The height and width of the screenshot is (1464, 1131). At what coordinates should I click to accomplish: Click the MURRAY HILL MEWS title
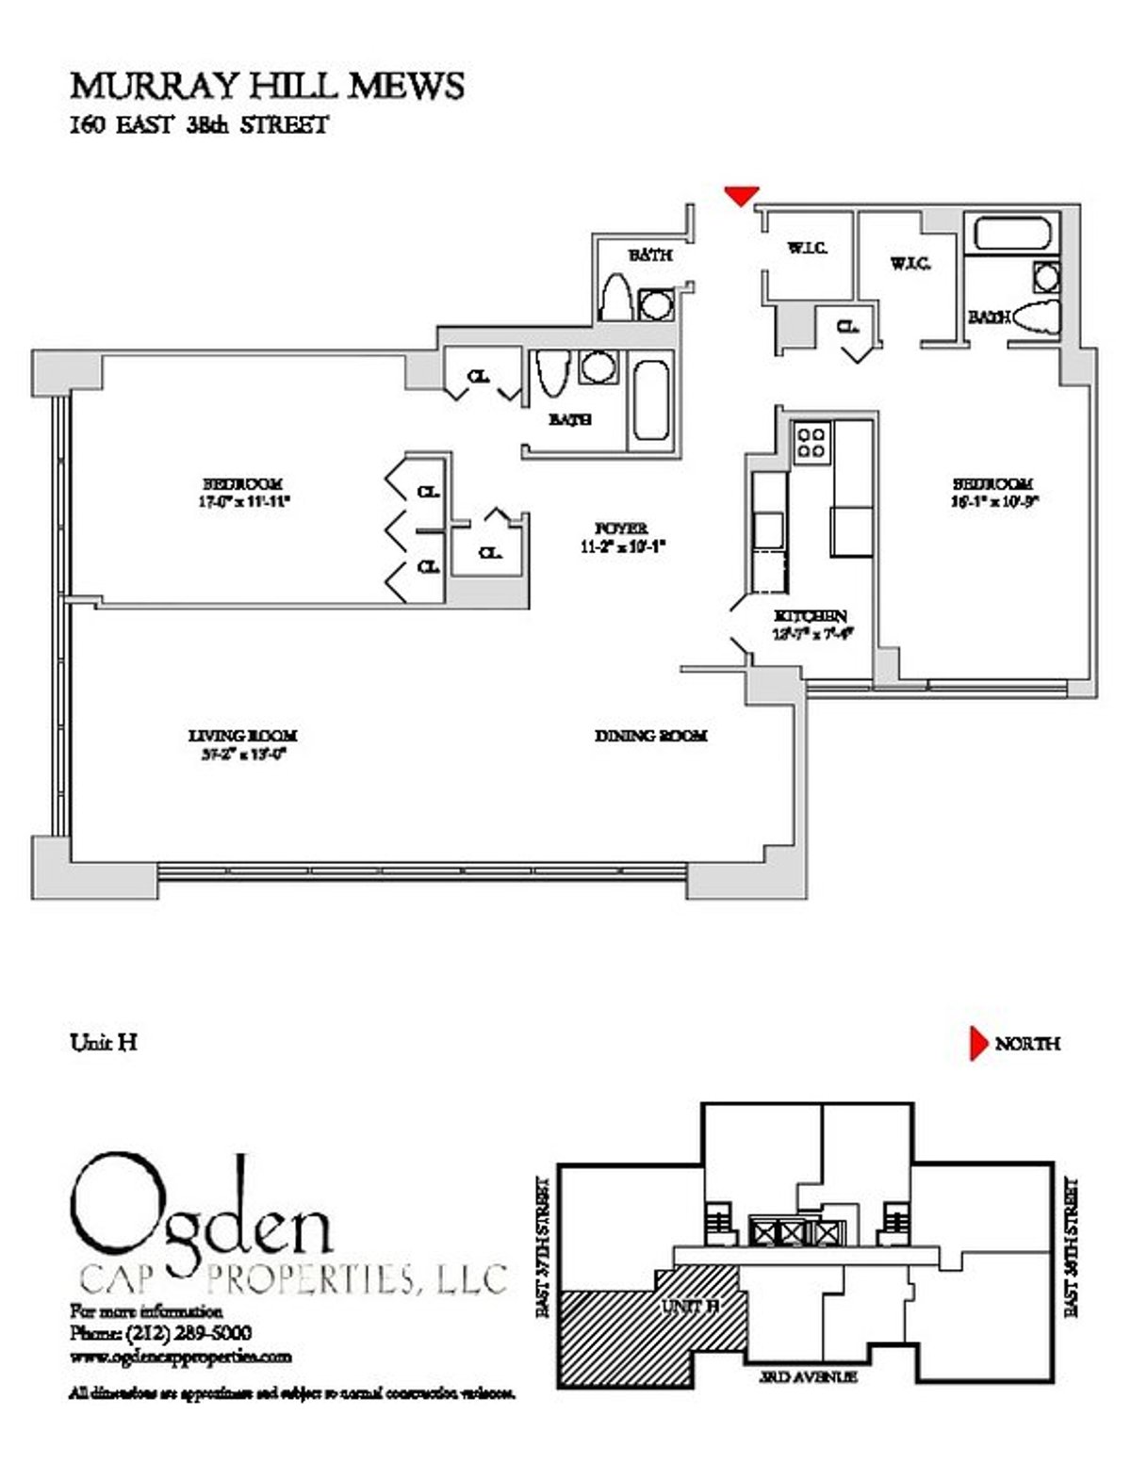[x=267, y=87]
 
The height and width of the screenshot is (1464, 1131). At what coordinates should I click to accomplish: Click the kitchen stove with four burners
[x=811, y=442]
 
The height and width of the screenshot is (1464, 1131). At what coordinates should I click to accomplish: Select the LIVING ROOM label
[x=243, y=736]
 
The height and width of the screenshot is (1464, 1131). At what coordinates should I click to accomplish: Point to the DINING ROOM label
[x=650, y=736]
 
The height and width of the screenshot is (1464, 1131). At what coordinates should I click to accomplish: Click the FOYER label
[x=621, y=529]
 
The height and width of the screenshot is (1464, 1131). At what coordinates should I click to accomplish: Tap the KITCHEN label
[x=810, y=615]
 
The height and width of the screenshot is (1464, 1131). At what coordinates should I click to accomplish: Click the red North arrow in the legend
[x=978, y=1044]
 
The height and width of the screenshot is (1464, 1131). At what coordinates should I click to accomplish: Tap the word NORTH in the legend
[x=1027, y=1044]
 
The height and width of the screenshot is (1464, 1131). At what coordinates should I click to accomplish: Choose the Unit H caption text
[x=105, y=1042]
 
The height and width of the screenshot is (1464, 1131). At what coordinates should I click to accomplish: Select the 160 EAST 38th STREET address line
[x=199, y=125]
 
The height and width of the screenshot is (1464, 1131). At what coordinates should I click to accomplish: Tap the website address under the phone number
[x=180, y=1357]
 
